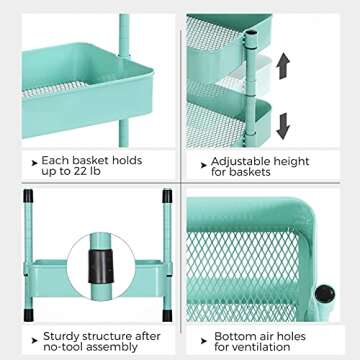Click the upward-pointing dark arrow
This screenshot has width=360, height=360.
pos(283,66)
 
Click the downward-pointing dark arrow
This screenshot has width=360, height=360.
pos(283,126)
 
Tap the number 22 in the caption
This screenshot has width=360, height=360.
pos(80,171)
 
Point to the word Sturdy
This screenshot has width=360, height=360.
pos(63,336)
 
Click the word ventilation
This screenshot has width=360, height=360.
pos(262,347)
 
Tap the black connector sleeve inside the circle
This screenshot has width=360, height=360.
pos(101,266)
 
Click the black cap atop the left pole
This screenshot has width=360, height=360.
pos(28,196)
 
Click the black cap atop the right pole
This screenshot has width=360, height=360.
pos(167,196)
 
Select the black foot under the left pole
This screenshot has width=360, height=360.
pos(29,315)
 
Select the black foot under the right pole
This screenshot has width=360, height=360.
pos(167,315)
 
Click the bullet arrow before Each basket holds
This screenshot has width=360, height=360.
pos(34,163)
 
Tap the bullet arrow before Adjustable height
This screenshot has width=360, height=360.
pos(204,165)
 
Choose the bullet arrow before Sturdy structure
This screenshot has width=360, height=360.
pos(34,340)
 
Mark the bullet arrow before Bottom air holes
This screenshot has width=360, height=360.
pos(204,341)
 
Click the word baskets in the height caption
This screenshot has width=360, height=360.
pos(250,172)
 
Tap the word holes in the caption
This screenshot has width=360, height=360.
pos(290,336)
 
